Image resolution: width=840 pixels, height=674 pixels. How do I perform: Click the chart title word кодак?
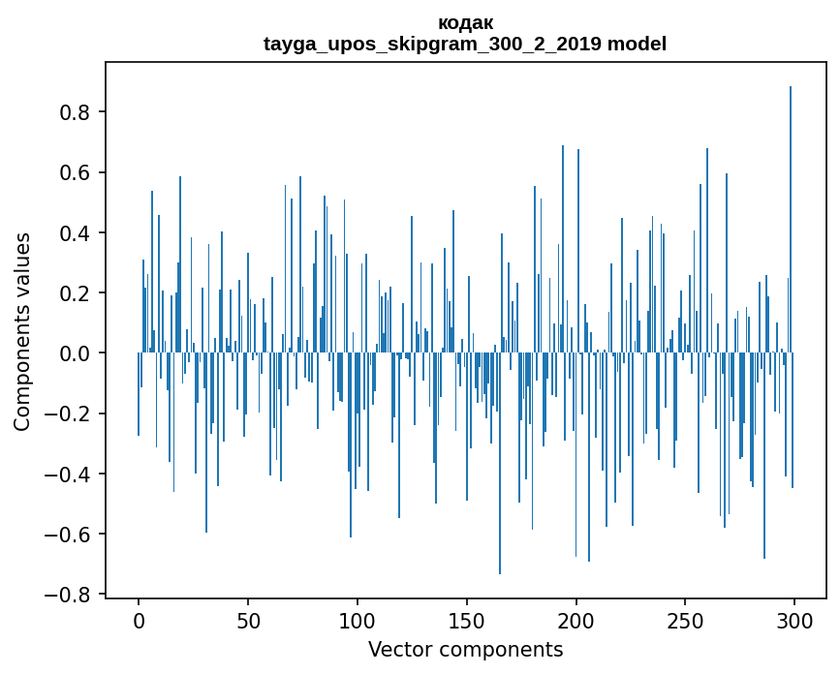coord(465,22)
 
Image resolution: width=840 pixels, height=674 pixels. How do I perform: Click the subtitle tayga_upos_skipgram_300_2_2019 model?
coord(465,44)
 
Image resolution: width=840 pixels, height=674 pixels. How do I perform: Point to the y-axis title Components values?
coord(22,331)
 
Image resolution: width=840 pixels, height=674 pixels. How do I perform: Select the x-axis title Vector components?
coord(465,650)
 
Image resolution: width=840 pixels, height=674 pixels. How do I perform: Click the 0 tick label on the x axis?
coord(139,619)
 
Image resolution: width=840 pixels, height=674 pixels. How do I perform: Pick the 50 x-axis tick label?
coord(248,619)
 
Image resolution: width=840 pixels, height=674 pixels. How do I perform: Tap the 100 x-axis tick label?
coord(358,619)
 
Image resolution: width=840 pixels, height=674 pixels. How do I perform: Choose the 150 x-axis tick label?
coord(467,619)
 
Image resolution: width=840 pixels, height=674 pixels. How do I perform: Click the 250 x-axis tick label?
coord(685,619)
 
